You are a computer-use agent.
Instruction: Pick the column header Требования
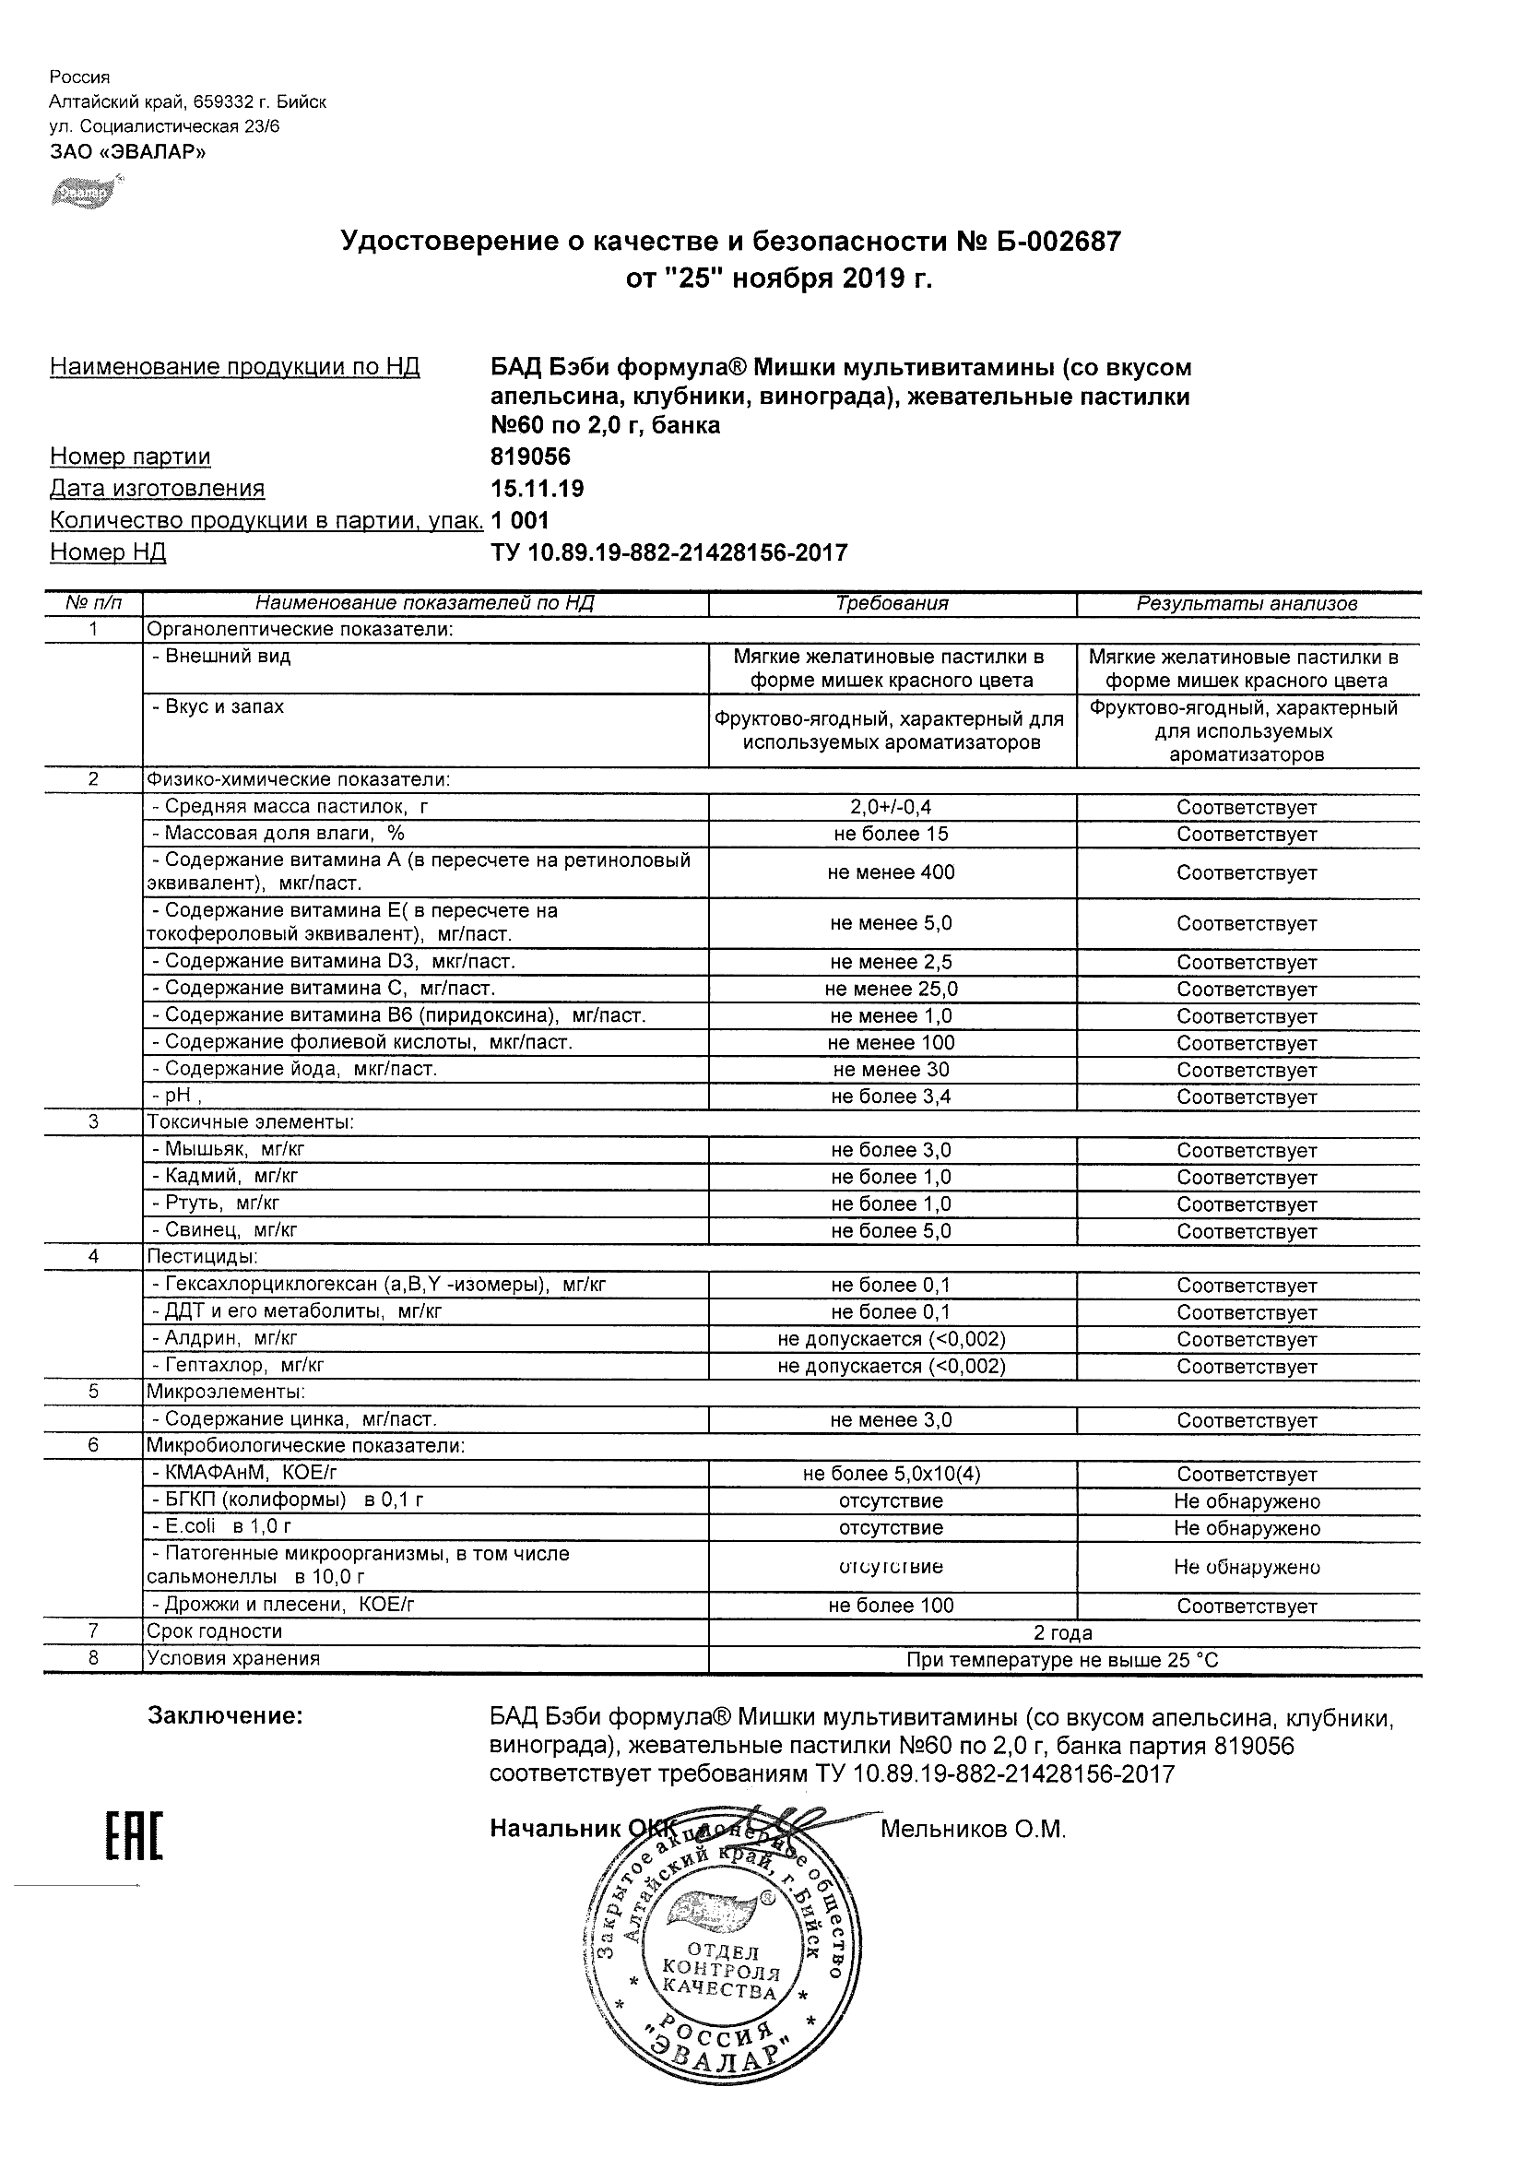(892, 603)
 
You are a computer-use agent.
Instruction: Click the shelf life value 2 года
(1063, 1632)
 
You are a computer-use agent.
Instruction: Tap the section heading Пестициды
(202, 1257)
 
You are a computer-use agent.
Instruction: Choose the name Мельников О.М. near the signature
(973, 1830)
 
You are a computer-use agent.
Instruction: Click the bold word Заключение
(226, 1717)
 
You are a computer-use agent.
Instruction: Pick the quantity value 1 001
(520, 521)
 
